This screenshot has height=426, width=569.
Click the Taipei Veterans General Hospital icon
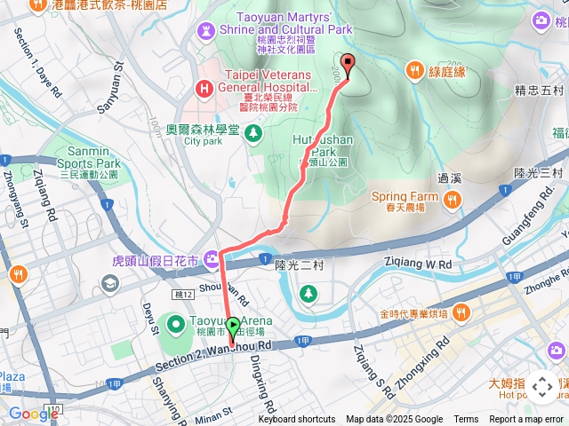pos(205,88)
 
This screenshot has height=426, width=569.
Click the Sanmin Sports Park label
pos(82,163)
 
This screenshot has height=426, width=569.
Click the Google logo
pos(34,414)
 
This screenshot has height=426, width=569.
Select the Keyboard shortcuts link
pos(297,420)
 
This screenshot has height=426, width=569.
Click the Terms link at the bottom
pos(466,420)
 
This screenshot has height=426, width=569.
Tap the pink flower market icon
pos(212,260)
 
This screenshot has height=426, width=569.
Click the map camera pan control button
pos(541,387)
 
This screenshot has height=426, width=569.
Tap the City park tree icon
pos(254,133)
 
